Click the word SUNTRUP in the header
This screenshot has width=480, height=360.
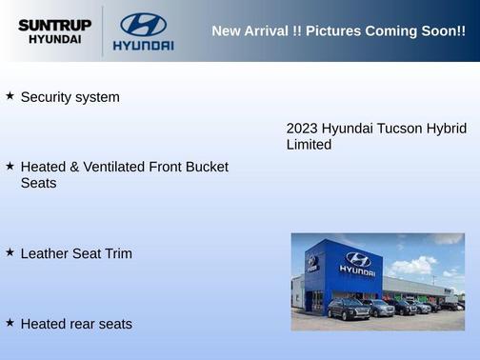click(54, 25)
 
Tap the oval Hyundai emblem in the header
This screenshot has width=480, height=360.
click(143, 24)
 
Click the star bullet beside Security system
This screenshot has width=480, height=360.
click(10, 96)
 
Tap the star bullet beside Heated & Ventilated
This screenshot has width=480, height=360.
click(10, 166)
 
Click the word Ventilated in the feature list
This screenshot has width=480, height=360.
click(112, 167)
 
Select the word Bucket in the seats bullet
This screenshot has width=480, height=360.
click(207, 167)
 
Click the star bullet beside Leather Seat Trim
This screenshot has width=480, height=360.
click(10, 252)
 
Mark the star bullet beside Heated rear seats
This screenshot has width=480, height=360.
click(10, 323)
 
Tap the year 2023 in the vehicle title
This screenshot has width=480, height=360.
click(302, 128)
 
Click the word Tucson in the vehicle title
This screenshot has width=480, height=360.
click(400, 128)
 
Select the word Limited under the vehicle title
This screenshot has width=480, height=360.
click(309, 145)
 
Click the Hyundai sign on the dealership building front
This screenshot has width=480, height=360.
click(357, 263)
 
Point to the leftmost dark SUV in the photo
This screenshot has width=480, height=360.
click(349, 309)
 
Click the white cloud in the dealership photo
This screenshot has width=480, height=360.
click(415, 264)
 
